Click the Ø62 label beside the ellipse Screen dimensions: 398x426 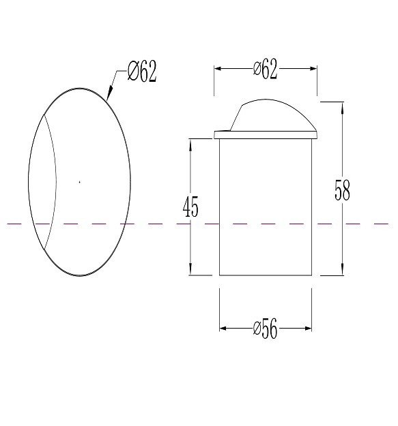[x=142, y=71]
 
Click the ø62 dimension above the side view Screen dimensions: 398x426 [x=266, y=69]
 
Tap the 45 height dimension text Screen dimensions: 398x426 [x=190, y=207]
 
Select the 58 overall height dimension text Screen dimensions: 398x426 [x=342, y=190]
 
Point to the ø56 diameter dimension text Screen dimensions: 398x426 [x=266, y=329]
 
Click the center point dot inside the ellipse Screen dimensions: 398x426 [x=79, y=182]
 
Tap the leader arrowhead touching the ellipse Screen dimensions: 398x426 [x=109, y=93]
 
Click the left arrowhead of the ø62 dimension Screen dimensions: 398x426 [x=219, y=69]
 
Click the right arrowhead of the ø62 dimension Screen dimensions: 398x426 [x=312, y=69]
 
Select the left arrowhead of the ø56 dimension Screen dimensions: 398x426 [x=224, y=329]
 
